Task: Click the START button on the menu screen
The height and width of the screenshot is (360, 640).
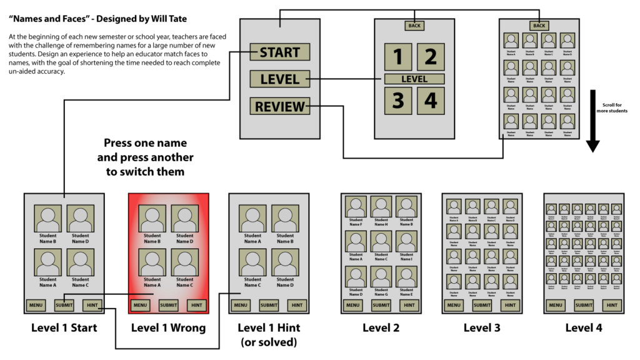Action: (279, 52)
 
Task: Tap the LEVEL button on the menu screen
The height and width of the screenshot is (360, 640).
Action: (279, 79)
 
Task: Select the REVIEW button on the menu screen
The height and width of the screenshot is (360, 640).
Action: (279, 106)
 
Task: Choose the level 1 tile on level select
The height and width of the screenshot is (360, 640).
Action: (398, 57)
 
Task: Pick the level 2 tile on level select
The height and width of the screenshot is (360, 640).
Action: (431, 57)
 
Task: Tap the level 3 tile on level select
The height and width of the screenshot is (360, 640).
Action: (398, 101)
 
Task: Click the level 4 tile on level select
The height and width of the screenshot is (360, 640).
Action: (431, 101)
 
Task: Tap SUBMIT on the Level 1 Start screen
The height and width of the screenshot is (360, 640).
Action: (64, 305)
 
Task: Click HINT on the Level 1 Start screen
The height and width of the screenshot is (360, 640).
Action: (92, 305)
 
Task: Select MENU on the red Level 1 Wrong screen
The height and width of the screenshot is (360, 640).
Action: (141, 305)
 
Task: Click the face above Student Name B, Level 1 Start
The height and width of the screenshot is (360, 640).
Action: (47, 219)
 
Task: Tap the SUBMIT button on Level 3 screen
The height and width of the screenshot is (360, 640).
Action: (482, 305)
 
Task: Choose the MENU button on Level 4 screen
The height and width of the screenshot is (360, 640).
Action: (556, 305)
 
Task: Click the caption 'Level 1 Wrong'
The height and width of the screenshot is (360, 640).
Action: (168, 328)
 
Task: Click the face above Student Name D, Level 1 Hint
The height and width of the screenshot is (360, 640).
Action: (285, 263)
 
